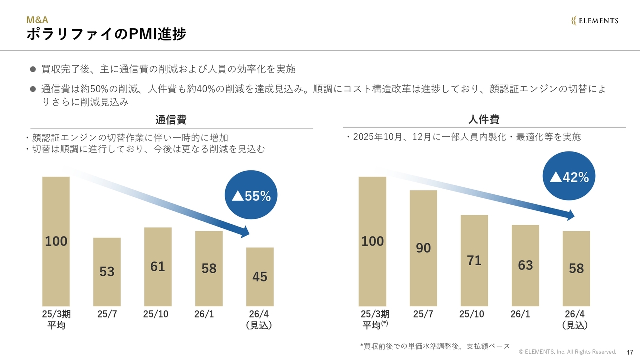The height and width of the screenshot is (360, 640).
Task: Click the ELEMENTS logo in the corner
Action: tap(595, 20)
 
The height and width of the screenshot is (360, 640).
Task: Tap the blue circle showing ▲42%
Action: tap(569, 177)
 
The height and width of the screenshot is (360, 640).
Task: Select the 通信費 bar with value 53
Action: tap(107, 272)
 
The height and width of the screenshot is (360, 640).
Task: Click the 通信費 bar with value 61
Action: tap(158, 267)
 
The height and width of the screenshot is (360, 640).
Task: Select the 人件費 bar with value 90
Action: tap(423, 248)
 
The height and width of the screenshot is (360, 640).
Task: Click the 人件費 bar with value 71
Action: tap(474, 260)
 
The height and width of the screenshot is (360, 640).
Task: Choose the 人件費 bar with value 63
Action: tap(525, 265)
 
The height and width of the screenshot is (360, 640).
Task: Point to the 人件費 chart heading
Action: tap(484, 120)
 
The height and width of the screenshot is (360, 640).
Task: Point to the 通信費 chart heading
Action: tap(171, 120)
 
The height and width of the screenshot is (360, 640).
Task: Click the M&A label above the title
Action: tap(37, 20)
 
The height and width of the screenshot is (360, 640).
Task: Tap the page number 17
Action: tap(630, 352)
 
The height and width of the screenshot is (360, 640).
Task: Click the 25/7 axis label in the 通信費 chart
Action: tap(107, 314)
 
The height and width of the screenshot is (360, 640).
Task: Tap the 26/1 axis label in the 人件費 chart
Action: tap(520, 314)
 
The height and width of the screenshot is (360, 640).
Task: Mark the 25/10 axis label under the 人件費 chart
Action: tap(471, 314)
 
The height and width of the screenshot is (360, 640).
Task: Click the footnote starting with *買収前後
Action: tap(435, 346)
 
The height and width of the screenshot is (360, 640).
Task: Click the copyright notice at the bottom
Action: tap(567, 352)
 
